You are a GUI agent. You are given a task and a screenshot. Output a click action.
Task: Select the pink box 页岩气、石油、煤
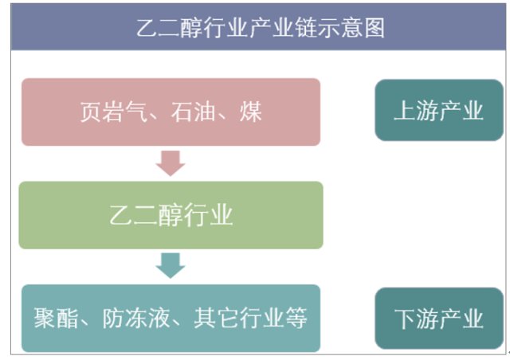pyautogui.click(x=171, y=112)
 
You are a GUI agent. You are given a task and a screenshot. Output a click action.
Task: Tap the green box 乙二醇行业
pyautogui.click(x=171, y=215)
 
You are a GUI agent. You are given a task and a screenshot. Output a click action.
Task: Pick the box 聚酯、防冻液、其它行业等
pyautogui.click(x=171, y=319)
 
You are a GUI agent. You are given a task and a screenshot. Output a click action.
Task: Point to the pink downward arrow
pyautogui.click(x=171, y=163)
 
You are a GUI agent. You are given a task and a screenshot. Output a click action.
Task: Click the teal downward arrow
pyautogui.click(x=171, y=265)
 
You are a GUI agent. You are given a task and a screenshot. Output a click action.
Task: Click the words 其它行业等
pyautogui.click(x=250, y=319)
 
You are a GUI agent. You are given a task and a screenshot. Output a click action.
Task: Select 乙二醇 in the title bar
pyautogui.click(x=171, y=29)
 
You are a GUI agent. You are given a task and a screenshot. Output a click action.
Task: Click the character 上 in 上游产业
pyautogui.click(x=405, y=111)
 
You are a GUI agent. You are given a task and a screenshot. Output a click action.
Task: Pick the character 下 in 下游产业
pyautogui.click(x=405, y=319)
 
